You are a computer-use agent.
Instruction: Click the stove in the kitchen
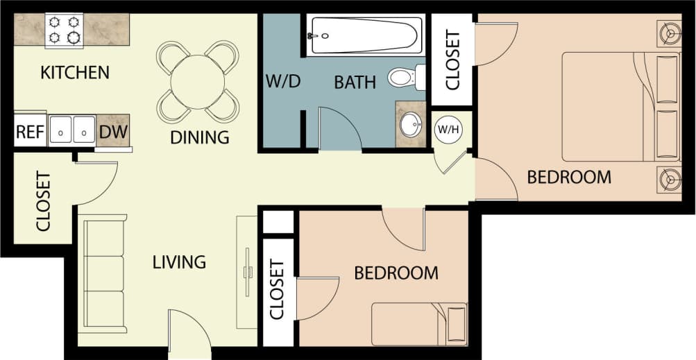[64, 30]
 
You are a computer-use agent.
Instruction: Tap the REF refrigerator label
[30, 132]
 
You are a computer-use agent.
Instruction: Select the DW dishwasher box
[112, 131]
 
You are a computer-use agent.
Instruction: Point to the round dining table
[198, 82]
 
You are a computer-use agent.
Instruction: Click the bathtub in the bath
[365, 35]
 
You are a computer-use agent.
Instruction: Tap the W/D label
[282, 82]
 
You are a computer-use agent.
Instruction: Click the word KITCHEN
[74, 72]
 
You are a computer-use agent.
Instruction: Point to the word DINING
[199, 137]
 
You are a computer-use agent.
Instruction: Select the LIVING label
[180, 262]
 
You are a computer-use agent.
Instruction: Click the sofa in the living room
[104, 273]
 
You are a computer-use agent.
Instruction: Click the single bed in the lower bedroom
[418, 323]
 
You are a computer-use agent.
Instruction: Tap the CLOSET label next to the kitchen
[43, 201]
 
